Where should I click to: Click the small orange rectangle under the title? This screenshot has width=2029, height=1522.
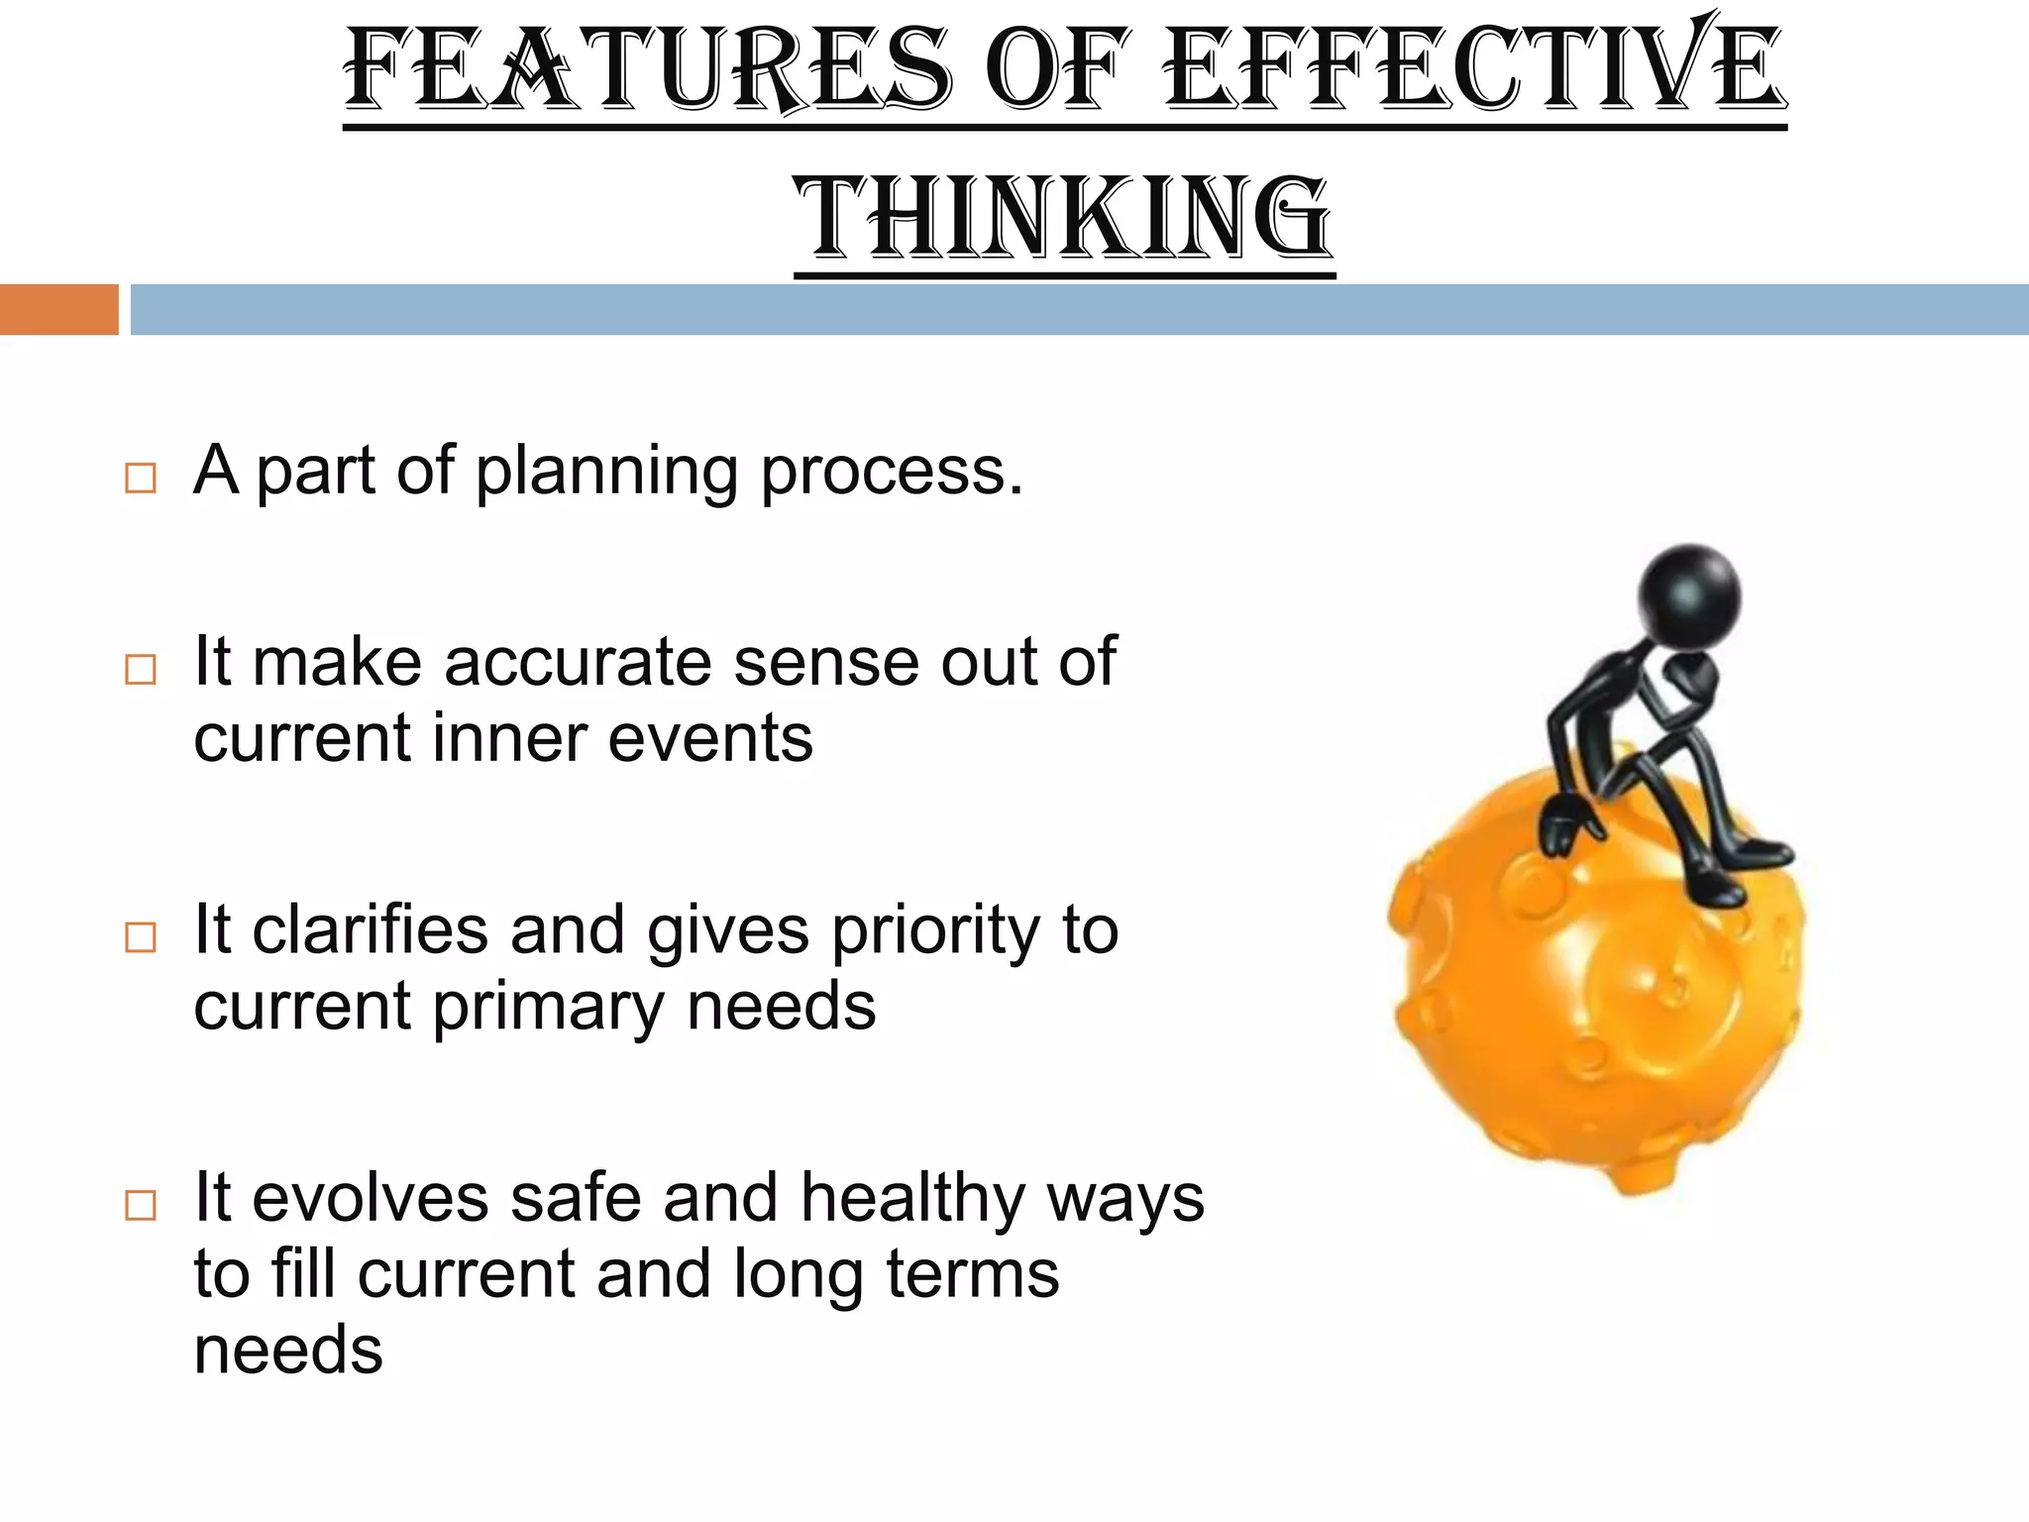58,309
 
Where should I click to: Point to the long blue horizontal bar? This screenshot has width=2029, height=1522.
1079,309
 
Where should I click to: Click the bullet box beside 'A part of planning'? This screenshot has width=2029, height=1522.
141,479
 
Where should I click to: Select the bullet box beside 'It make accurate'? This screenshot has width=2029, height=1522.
141,670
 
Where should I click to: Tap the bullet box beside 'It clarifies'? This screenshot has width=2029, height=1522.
141,937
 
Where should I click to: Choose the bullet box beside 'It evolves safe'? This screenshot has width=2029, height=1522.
141,1205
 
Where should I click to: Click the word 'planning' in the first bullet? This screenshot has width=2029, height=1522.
606,471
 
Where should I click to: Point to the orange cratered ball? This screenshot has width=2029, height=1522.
1595,1011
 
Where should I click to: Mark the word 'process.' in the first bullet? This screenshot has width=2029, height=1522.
892,473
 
